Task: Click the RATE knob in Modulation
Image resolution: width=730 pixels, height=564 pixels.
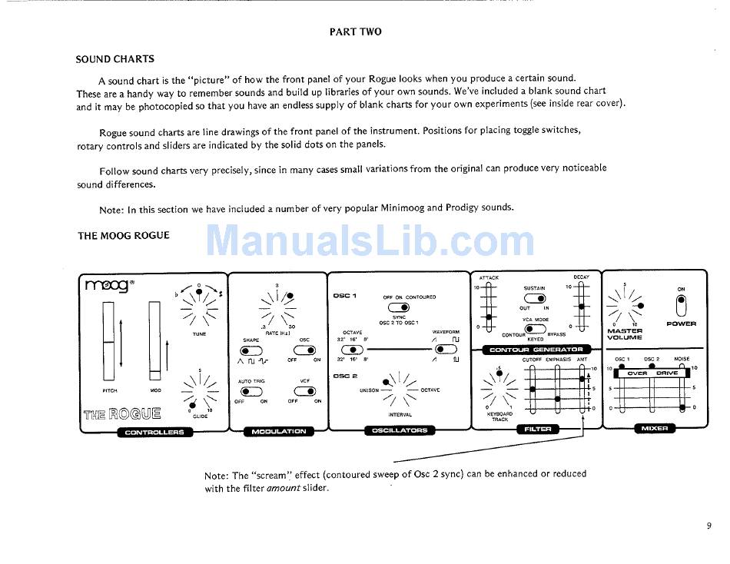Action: pos(277,306)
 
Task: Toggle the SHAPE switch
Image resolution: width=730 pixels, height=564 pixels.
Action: pos(251,350)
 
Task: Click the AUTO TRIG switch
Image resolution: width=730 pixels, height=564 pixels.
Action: pos(251,391)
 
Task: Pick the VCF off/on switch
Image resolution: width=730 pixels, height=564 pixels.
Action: pos(305,391)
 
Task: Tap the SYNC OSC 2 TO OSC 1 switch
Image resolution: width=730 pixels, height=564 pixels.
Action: pos(399,308)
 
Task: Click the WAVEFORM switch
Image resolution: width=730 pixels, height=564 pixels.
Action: pos(445,350)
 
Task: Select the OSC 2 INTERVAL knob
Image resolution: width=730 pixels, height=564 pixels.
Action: pos(399,390)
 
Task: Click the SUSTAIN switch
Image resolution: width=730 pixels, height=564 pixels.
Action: pos(535,298)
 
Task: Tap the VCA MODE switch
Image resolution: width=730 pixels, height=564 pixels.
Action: pos(535,329)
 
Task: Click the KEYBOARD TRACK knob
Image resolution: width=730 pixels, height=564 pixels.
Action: pos(500,393)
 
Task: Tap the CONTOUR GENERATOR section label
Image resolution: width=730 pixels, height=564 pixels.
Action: pos(536,350)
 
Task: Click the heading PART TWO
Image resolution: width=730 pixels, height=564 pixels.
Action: pos(355,32)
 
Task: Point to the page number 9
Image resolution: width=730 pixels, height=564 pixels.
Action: pos(708,526)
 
